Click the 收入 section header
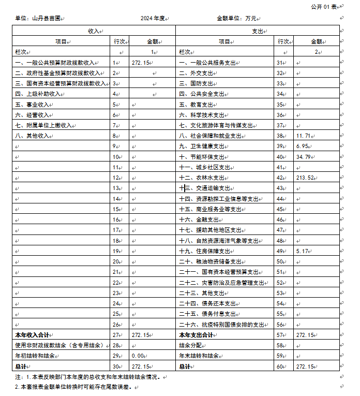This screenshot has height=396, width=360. tap(94, 31)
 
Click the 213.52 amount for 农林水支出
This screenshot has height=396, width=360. tap(306, 178)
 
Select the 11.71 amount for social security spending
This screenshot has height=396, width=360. tap(304, 136)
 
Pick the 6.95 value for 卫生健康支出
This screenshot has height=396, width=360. tap(303, 146)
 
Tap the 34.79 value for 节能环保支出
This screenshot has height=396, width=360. tap(304, 157)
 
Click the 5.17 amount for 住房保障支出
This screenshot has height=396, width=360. tap(303, 251)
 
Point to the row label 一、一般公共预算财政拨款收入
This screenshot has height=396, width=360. tap(55, 63)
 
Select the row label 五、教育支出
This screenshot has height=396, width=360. tap(196, 104)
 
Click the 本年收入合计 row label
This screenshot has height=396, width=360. tap(35, 335)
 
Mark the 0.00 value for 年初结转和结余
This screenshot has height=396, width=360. tap(139, 356)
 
